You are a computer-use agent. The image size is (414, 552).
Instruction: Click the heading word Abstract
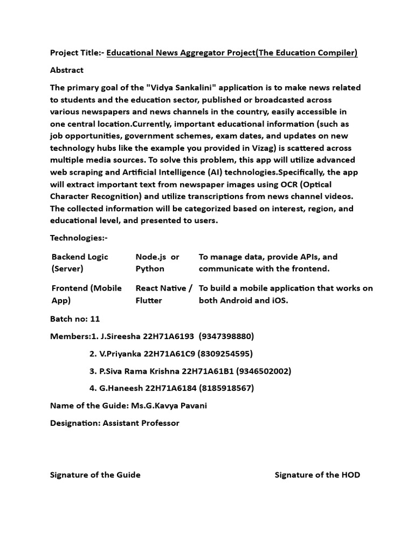67,70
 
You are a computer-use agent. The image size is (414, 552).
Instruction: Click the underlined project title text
232,52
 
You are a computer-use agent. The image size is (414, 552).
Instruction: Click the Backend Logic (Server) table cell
80,263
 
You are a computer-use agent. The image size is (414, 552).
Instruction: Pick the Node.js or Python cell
157,263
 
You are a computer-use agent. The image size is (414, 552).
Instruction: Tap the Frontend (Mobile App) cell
86,294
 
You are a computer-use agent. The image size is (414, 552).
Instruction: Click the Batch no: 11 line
75,319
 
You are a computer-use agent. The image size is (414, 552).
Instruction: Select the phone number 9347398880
226,336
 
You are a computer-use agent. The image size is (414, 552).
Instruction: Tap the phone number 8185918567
226,388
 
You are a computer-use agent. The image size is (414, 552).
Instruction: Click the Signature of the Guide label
95,475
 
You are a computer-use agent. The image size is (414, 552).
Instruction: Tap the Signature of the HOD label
317,475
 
